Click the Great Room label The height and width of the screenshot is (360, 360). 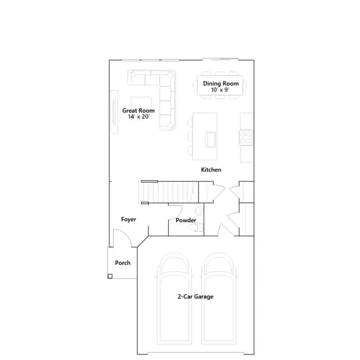tap(138, 110)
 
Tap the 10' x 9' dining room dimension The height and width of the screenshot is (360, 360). tap(220, 90)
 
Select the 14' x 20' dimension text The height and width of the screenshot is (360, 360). tap(138, 116)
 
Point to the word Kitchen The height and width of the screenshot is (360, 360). tap(211, 170)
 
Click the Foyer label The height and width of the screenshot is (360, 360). tap(129, 219)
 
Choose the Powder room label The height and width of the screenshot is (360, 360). tap(186, 220)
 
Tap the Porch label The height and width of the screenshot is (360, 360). tap(123, 263)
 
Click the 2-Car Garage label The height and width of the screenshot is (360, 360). tap(195, 296)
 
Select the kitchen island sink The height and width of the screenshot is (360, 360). tap(210, 139)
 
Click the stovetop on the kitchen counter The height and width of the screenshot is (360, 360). tap(246, 137)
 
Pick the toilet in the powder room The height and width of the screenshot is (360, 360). tap(196, 227)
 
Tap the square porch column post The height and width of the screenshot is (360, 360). tap(110, 276)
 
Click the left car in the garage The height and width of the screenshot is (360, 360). tap(174, 299)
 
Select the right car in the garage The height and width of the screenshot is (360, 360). tap(219, 299)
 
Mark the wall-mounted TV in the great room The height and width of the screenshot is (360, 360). tap(114, 111)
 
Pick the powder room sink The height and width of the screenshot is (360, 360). tap(199, 210)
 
